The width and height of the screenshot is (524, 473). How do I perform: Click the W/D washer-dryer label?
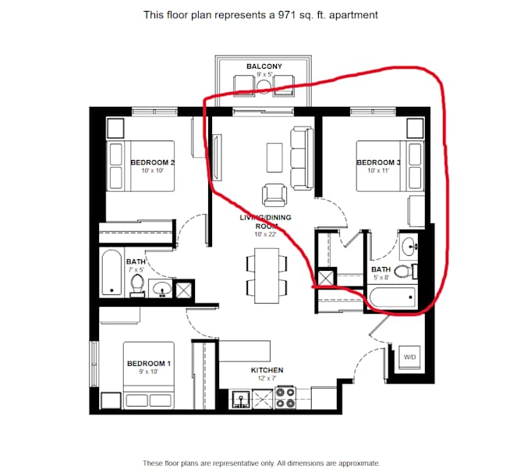pyautogui.click(x=409, y=357)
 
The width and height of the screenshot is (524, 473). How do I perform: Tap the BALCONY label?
pyautogui.click(x=264, y=66)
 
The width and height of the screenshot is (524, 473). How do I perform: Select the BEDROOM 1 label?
pyautogui.click(x=149, y=363)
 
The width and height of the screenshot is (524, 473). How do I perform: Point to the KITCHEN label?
pyautogui.click(x=267, y=370)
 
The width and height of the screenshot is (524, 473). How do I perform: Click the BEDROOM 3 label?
pyautogui.click(x=378, y=162)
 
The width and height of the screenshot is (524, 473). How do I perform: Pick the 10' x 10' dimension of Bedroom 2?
pyautogui.click(x=152, y=171)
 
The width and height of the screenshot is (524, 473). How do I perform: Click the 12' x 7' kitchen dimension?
pyautogui.click(x=267, y=379)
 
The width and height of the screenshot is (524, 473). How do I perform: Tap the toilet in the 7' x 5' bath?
pyautogui.click(x=137, y=285)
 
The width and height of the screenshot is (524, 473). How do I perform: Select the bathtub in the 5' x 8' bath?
pyautogui.click(x=392, y=297)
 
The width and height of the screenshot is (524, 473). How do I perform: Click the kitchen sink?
pyautogui.click(x=240, y=400)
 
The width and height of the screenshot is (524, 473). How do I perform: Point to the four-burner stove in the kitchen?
pyautogui.click(x=285, y=398)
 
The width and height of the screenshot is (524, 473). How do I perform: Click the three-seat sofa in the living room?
pyautogui.click(x=302, y=158)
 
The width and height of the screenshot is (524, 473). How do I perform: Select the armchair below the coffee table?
pyautogui.click(x=274, y=194)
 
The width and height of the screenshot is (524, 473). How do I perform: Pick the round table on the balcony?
pyautogui.click(x=264, y=86)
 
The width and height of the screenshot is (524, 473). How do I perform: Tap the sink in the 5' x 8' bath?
pyautogui.click(x=409, y=247)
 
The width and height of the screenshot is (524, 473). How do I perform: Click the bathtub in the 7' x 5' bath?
pyautogui.click(x=112, y=272)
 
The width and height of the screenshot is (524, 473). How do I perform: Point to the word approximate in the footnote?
pyautogui.click(x=359, y=464)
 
